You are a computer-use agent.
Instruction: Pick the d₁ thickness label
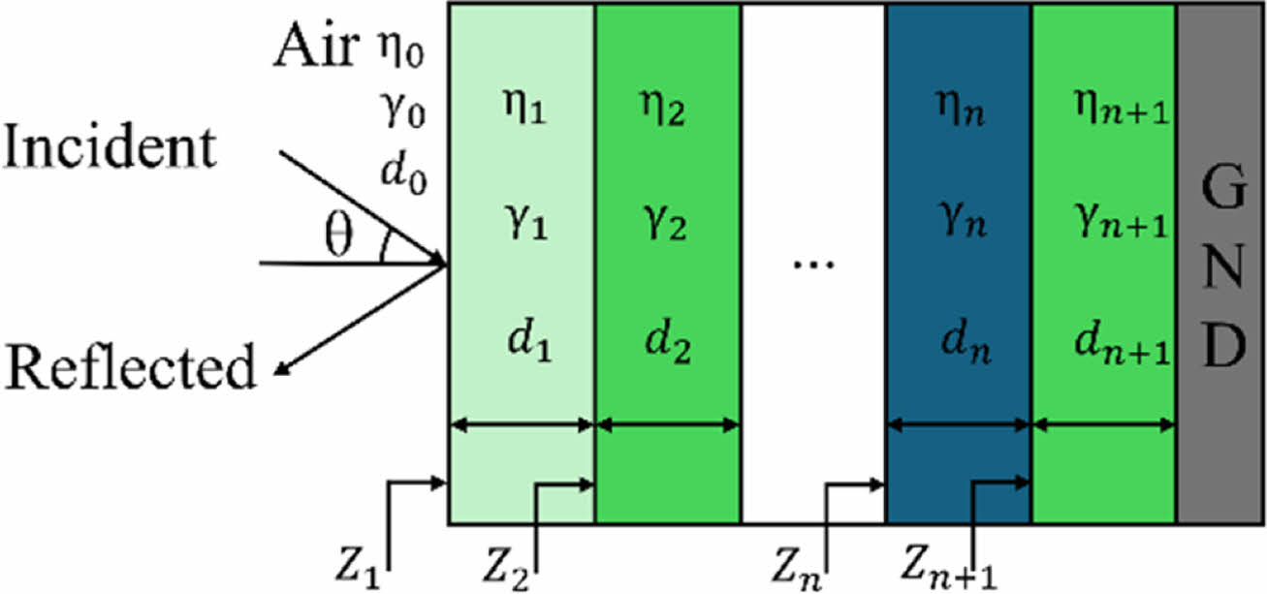click(x=527, y=344)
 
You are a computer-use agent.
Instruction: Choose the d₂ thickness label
click(x=669, y=344)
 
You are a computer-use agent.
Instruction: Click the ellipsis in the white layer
click(x=812, y=264)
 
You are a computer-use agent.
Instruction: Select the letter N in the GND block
click(x=1223, y=264)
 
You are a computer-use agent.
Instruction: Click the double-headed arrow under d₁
click(x=521, y=424)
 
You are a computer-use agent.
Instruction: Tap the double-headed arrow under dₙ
click(x=958, y=424)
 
